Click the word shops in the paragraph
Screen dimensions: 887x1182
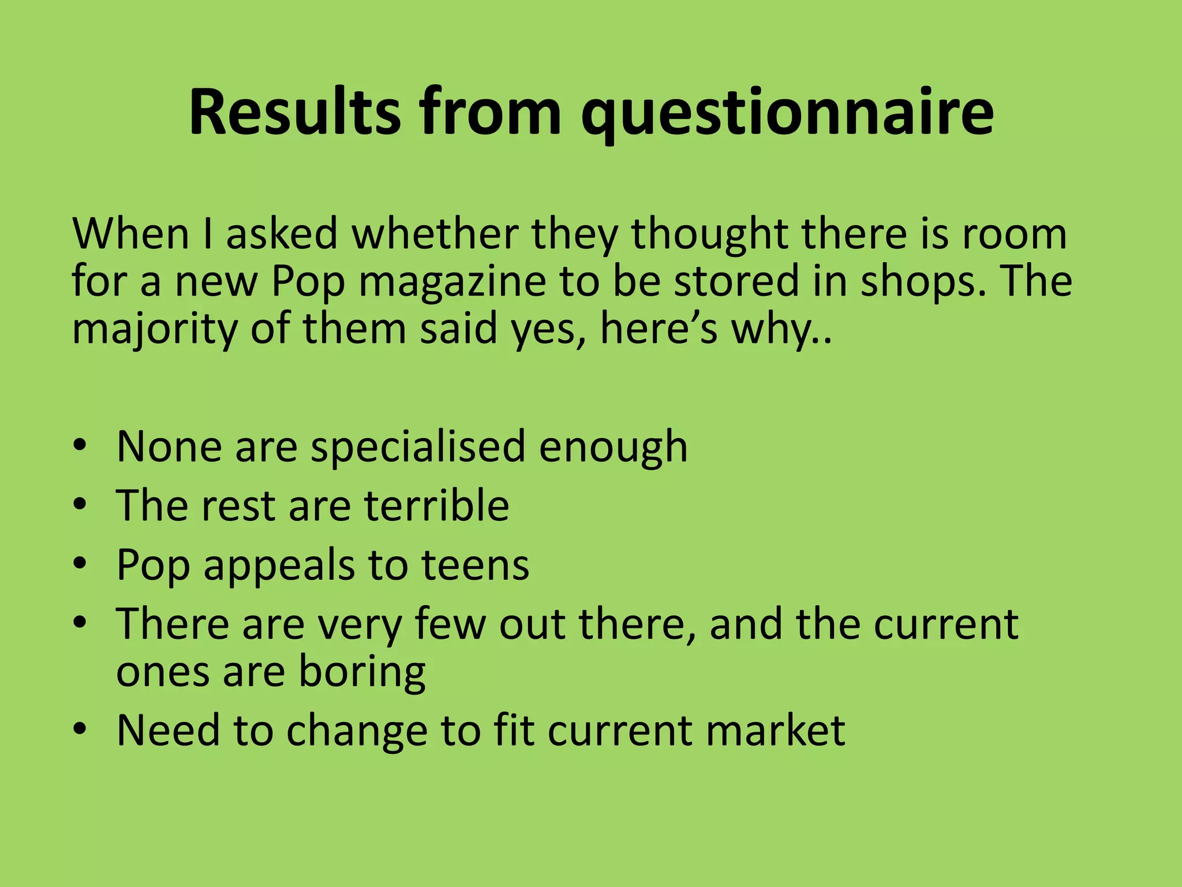point(923,281)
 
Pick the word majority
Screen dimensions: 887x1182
point(154,330)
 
